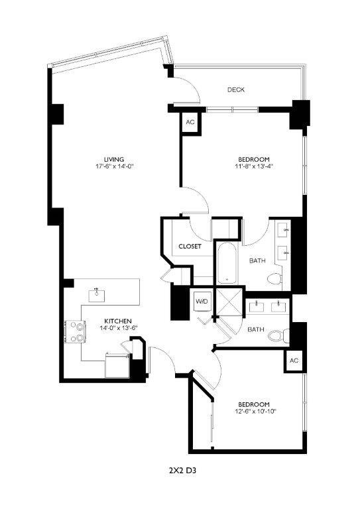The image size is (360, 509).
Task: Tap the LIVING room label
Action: tap(105, 158)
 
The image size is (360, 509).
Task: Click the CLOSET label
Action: tap(190, 247)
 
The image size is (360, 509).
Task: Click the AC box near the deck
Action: tap(190, 123)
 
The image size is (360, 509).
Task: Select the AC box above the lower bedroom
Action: tap(294, 361)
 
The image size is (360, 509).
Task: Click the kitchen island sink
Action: tap(97, 292)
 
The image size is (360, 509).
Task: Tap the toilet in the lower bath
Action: tap(277, 336)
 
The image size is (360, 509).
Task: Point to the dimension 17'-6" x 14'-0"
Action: tap(105, 166)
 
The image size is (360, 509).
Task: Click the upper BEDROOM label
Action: tap(254, 158)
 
